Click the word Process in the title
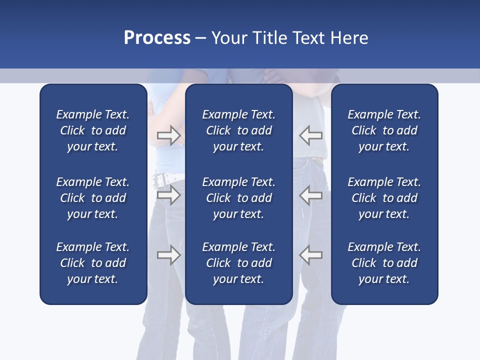pyautogui.click(x=157, y=38)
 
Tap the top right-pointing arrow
pyautogui.click(x=168, y=135)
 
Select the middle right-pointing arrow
pyautogui.click(x=168, y=195)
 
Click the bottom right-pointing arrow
pyautogui.click(x=168, y=254)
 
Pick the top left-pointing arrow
pyautogui.click(x=311, y=135)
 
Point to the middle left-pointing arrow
pyautogui.click(x=311, y=195)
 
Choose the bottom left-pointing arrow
pyautogui.click(x=311, y=254)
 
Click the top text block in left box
pyautogui.click(x=93, y=130)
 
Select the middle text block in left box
pyautogui.click(x=93, y=198)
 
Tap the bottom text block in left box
pyautogui.click(x=93, y=263)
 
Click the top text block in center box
pyautogui.click(x=238, y=130)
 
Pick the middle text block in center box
pyautogui.click(x=238, y=198)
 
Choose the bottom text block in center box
pyautogui.click(x=238, y=263)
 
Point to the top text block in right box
pyautogui.click(x=384, y=130)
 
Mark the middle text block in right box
pyautogui.click(x=384, y=198)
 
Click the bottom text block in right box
pyautogui.click(x=384, y=263)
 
